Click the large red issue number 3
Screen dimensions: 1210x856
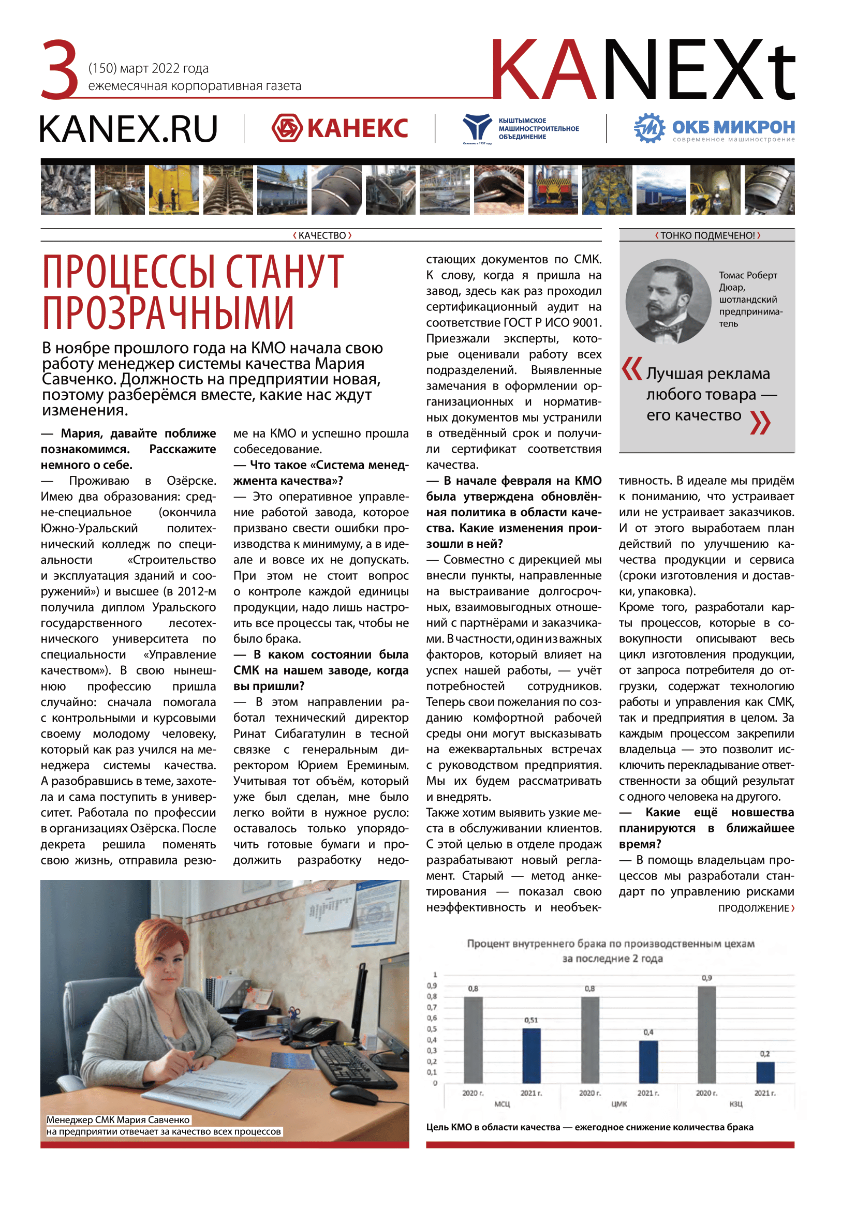click(x=60, y=69)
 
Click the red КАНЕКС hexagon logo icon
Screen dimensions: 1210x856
click(x=287, y=128)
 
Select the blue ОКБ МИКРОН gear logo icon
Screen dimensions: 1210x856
click(x=650, y=128)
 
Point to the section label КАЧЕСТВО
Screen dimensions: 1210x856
click(x=322, y=235)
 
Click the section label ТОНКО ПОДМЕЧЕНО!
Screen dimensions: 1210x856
click(x=707, y=235)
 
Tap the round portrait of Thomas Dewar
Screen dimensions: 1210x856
click(x=668, y=301)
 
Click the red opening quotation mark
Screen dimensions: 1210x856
click(x=631, y=368)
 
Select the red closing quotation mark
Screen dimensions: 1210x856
click(x=760, y=422)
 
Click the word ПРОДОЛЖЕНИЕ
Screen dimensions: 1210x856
click(x=753, y=908)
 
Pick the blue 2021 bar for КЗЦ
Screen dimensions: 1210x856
click(x=765, y=1072)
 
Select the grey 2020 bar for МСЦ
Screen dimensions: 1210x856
click(x=473, y=1039)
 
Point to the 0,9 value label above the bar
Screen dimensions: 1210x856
click(x=707, y=978)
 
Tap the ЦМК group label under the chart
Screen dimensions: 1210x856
click(x=619, y=1103)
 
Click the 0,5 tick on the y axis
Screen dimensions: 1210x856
click(x=432, y=1029)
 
